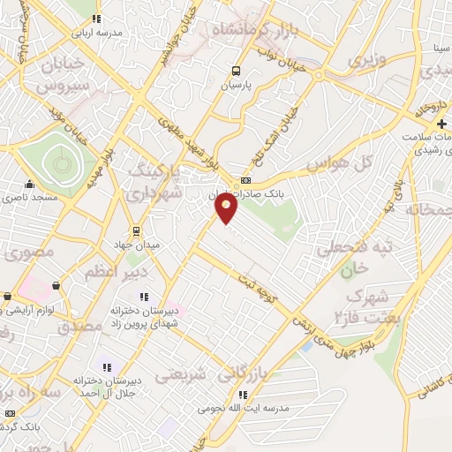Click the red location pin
[227, 207]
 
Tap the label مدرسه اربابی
[96, 32]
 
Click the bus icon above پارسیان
[236, 71]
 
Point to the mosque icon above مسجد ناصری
[30, 185]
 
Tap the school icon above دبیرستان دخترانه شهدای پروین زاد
[146, 298]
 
